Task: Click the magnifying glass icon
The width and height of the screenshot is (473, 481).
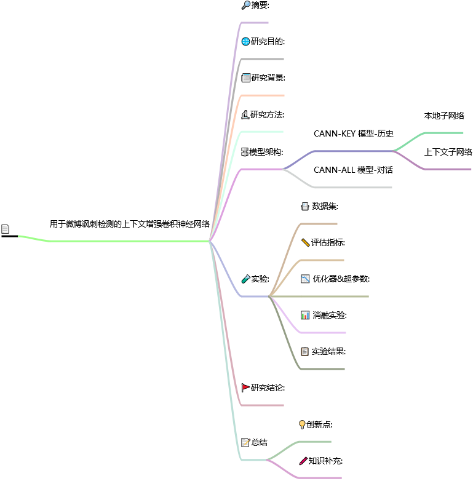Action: click(x=246, y=5)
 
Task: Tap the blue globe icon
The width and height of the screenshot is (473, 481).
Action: click(x=246, y=42)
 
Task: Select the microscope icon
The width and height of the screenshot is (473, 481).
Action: click(x=245, y=114)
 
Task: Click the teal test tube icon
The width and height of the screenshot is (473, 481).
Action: click(x=246, y=279)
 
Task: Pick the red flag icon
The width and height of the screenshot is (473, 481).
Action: click(x=245, y=387)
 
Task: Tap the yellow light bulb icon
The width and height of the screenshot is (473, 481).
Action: click(x=302, y=424)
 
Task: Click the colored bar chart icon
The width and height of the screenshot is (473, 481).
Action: click(x=305, y=315)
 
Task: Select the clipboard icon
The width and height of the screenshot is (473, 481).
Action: click(x=305, y=351)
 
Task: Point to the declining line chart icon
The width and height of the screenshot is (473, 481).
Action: click(x=305, y=279)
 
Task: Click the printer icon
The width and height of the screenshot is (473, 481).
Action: click(x=305, y=207)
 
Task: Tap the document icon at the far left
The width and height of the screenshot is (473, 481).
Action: click(x=6, y=229)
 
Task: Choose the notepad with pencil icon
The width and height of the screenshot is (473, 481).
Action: click(x=245, y=442)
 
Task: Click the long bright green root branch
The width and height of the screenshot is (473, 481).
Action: click(x=123, y=241)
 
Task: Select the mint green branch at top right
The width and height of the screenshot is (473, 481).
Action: click(x=443, y=132)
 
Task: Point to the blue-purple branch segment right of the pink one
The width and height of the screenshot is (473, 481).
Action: click(x=354, y=151)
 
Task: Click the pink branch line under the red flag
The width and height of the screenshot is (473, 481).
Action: click(x=264, y=405)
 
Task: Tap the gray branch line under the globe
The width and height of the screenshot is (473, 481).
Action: click(x=264, y=59)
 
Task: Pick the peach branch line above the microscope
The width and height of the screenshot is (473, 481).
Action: click(x=264, y=95)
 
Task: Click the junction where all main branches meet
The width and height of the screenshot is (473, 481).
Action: click(x=210, y=240)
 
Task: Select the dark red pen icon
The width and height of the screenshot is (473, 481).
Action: click(x=303, y=461)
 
